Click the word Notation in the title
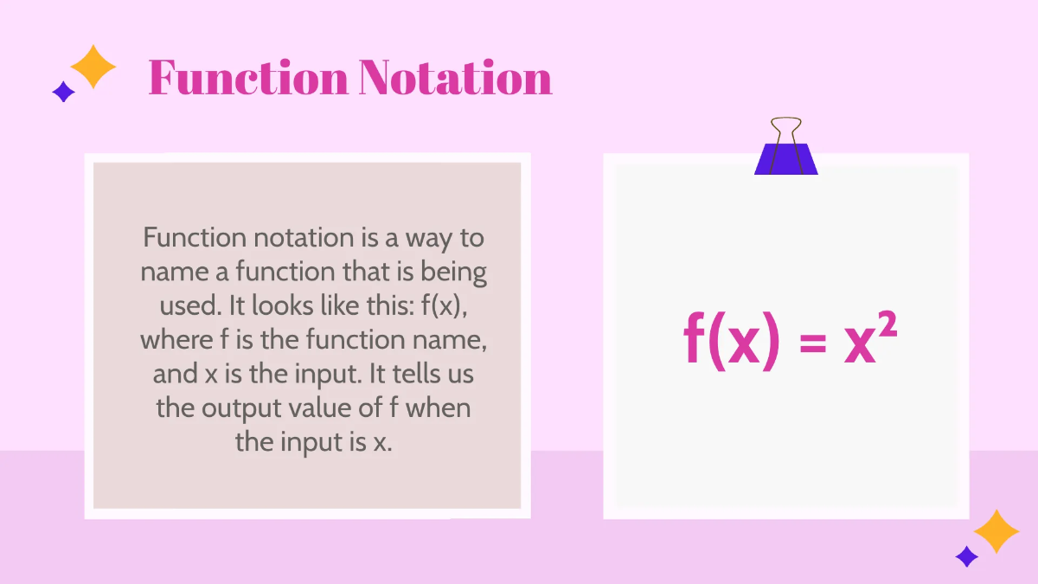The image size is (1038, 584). point(454,78)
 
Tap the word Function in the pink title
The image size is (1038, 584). point(247,78)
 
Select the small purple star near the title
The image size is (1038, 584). point(63,91)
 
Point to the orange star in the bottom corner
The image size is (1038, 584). point(996,531)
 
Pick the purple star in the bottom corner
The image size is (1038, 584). point(966,555)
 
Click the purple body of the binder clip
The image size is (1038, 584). point(785,159)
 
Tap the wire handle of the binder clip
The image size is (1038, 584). point(785,130)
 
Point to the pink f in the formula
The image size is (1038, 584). point(694,340)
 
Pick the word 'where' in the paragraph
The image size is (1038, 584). point(176,340)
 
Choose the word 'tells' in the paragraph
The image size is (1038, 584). point(409,374)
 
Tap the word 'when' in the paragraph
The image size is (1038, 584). point(439,408)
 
